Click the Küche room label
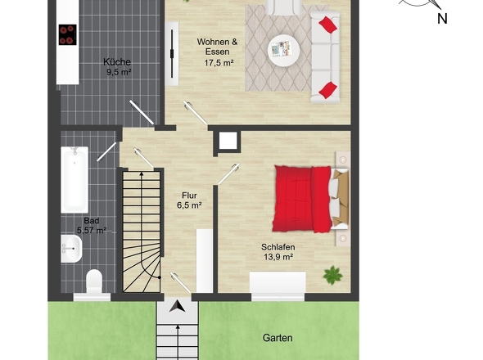pos(117,62)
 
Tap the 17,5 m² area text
pos(219,63)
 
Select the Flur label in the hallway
pos(189,196)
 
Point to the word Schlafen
pos(278,247)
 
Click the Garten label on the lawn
pos(278,338)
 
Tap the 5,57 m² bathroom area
pos(92,230)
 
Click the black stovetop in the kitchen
pos(67,34)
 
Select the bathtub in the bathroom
pos(74,180)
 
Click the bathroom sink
pos(71,249)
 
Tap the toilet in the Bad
pos(94,281)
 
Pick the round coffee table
pos(284,51)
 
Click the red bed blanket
pos(302,199)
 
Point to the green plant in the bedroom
pos(332,275)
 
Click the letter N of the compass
pos(442,19)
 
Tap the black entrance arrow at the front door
pos(177,307)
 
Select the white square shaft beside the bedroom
pos(228,142)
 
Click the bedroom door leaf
pos(228,174)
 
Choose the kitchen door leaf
pos(142,112)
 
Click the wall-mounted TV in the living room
pos(172,54)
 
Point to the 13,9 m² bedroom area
pos(278,257)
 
